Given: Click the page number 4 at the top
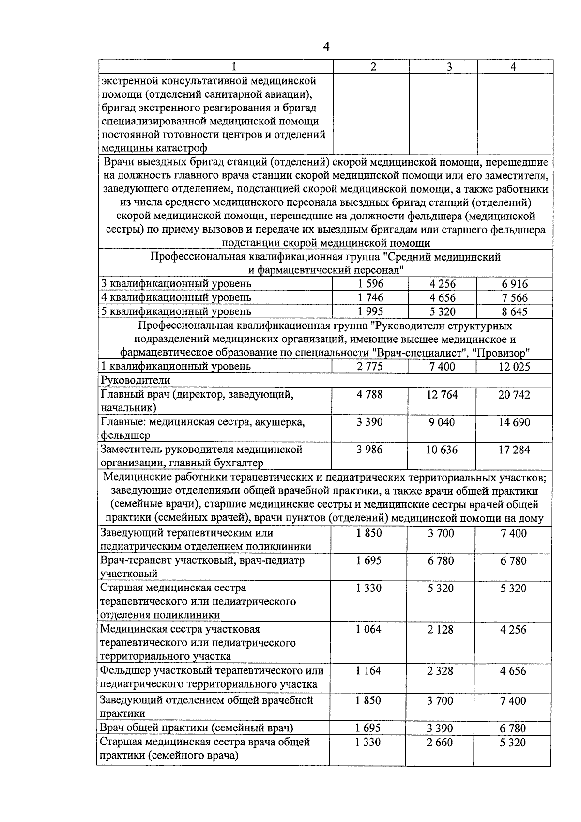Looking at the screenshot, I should (x=326, y=47).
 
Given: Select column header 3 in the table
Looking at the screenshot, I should (x=449, y=67).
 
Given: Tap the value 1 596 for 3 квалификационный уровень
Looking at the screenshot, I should (x=370, y=284).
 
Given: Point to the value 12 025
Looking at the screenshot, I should (x=514, y=367).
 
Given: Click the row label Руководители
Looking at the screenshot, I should (x=135, y=380).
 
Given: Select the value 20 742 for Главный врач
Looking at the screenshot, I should (x=514, y=395).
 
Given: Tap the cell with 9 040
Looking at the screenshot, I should (x=442, y=422).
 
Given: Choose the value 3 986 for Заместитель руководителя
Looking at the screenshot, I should (x=369, y=450).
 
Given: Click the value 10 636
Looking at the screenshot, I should (x=442, y=450).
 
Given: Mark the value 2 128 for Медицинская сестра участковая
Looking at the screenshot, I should (x=440, y=629).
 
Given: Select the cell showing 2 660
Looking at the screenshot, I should (x=440, y=742).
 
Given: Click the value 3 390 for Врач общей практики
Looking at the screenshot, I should (x=440, y=728).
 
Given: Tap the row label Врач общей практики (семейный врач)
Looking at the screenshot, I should (x=197, y=728).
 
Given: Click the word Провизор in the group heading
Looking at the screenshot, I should (x=502, y=353).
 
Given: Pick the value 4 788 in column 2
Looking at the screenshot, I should (x=369, y=395).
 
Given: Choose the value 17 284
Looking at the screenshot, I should (x=514, y=450).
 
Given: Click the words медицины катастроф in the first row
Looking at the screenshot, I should (x=154, y=148).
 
